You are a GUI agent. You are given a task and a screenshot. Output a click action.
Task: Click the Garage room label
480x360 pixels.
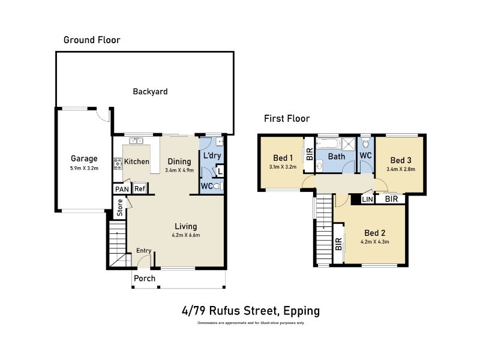click(x=84, y=158)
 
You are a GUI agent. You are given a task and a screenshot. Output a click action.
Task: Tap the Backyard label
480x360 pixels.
click(x=151, y=92)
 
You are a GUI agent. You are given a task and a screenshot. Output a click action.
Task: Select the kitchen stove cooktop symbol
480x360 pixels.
click(x=118, y=164)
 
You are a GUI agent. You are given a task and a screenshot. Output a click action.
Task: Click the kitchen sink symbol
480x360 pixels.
click(x=136, y=141)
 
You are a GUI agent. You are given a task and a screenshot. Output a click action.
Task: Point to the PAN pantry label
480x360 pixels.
click(x=122, y=190)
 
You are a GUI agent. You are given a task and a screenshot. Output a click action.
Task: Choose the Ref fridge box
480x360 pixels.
click(x=140, y=188)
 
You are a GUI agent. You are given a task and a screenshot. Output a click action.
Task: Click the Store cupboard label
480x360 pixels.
click(x=119, y=208)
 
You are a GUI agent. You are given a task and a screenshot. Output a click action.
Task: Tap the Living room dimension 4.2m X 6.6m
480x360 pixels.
click(x=186, y=235)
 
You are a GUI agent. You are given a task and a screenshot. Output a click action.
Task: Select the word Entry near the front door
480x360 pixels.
click(x=143, y=251)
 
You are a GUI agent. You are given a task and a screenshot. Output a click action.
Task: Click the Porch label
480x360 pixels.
click(x=145, y=278)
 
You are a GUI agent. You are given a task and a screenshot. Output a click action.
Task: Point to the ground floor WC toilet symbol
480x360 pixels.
click(x=218, y=186)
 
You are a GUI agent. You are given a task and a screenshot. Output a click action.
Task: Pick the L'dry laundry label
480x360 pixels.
click(x=212, y=155)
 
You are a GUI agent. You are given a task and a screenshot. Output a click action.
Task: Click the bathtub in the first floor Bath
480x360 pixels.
click(x=328, y=143)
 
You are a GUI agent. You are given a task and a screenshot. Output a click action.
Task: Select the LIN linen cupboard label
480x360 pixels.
click(x=367, y=199)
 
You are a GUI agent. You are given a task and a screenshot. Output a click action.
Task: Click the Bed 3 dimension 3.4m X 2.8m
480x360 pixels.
click(x=401, y=169)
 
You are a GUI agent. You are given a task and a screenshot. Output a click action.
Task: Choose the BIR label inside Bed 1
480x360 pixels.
click(x=310, y=154)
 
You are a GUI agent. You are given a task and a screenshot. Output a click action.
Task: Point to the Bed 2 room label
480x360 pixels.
click(x=374, y=233)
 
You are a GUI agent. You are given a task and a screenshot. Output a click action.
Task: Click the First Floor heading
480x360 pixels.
click(x=287, y=118)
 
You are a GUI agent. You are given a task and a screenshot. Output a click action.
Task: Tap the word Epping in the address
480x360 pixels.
click(x=302, y=311)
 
